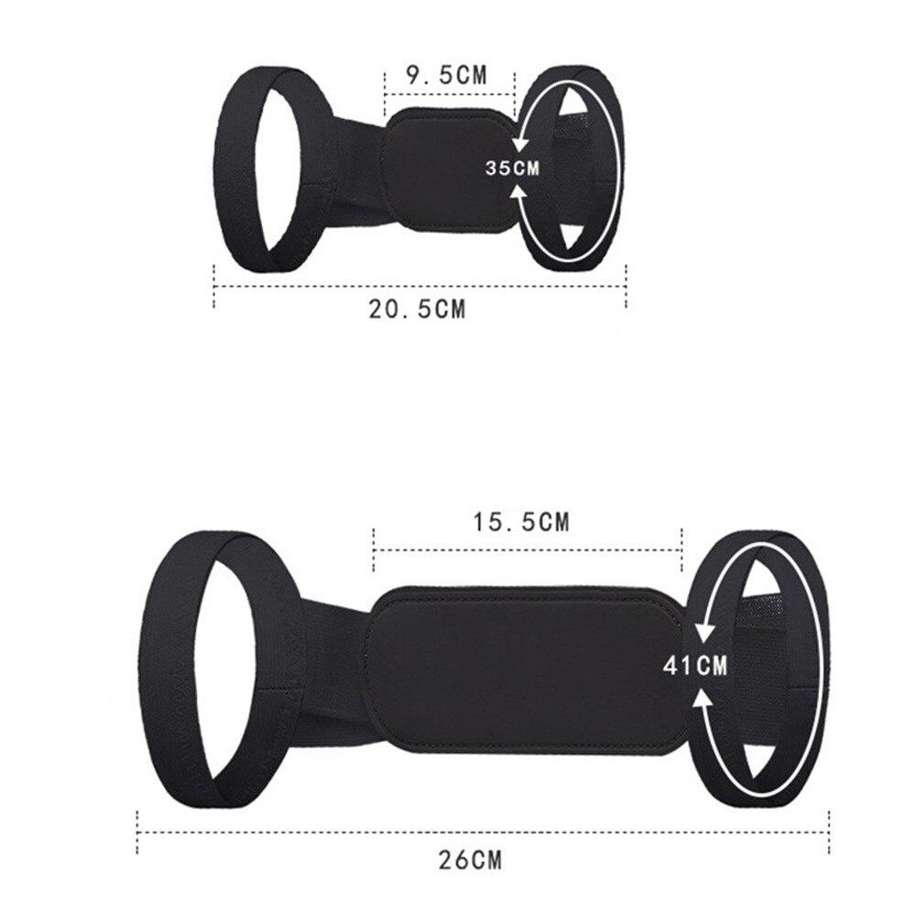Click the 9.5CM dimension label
[x=446, y=75]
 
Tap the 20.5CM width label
[x=417, y=309]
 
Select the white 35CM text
[x=512, y=169]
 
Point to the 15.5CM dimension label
[x=520, y=522]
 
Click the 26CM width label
[x=470, y=860]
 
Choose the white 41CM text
[x=695, y=665]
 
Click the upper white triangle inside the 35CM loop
[x=570, y=106]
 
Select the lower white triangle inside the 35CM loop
[x=572, y=235]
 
